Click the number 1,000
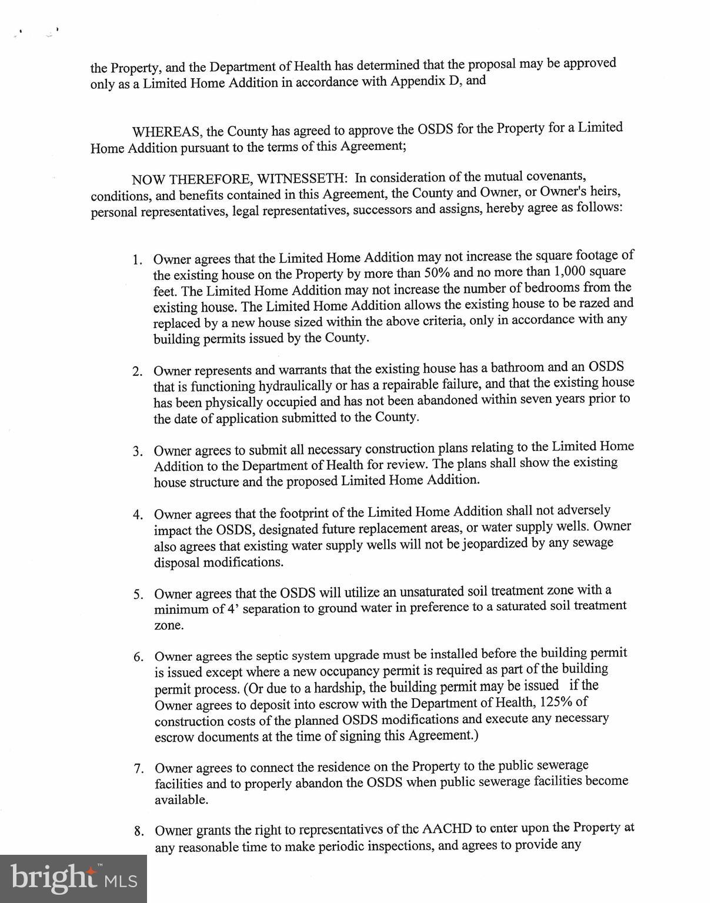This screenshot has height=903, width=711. [569, 272]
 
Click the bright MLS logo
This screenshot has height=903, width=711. [74, 879]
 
